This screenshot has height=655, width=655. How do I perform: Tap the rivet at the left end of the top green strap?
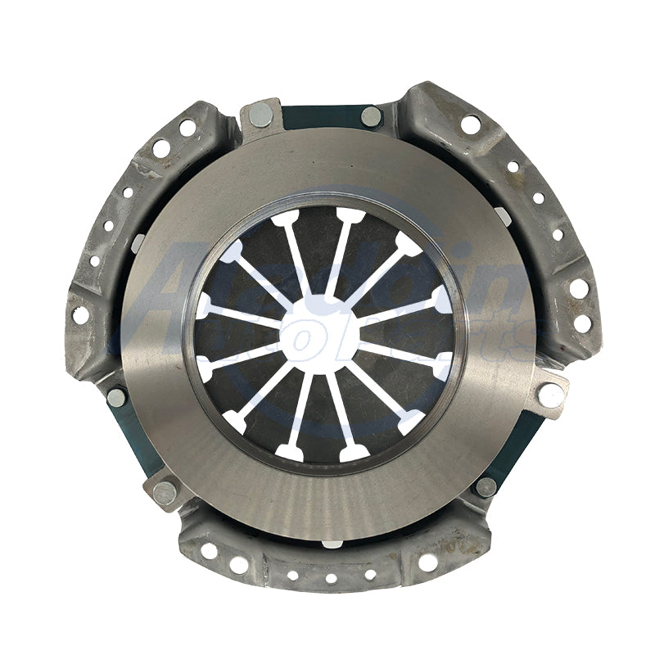(x=261, y=115)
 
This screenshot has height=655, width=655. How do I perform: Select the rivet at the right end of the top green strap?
(x=371, y=116)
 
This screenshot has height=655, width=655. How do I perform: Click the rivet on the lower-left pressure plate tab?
(x=165, y=492)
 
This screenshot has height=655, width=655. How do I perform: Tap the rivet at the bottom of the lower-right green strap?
(x=486, y=486)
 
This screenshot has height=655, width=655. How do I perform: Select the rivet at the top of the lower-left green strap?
(x=117, y=397)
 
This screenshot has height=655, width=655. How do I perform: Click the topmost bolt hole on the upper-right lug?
(x=470, y=124)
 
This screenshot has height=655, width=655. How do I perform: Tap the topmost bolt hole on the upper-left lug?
(x=187, y=128)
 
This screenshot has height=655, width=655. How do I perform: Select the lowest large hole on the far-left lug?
(x=80, y=315)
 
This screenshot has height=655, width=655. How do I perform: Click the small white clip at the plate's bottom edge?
(x=331, y=543)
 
